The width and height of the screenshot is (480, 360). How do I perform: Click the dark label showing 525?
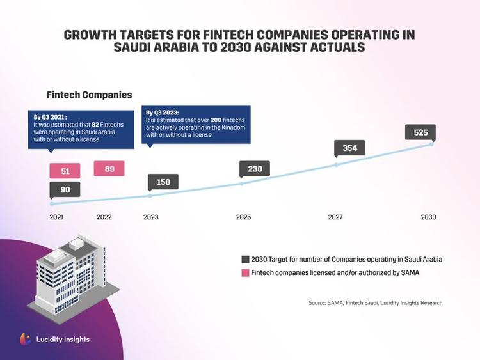420,133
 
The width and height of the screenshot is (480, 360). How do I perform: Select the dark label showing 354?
349,148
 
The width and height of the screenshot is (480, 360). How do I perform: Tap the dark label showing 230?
255,168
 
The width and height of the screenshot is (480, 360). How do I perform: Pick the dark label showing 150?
163,182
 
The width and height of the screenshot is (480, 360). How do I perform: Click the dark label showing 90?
65,189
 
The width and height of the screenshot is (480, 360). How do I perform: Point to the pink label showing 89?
109,169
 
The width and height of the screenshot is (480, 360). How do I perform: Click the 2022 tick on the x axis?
104,217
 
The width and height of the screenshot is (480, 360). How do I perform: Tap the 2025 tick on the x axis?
243,217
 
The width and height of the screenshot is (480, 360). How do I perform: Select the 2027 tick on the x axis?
335,217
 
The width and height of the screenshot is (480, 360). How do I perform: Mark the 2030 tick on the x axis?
428,217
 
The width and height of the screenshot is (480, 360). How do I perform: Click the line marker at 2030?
431,144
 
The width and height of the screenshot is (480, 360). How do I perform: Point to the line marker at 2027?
337,164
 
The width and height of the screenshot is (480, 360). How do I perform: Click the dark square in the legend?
245,260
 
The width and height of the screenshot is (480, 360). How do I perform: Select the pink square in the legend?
245,274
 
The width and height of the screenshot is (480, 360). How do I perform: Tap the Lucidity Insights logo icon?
25,339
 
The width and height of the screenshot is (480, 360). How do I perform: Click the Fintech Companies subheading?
89,95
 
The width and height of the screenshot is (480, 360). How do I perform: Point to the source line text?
375,302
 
